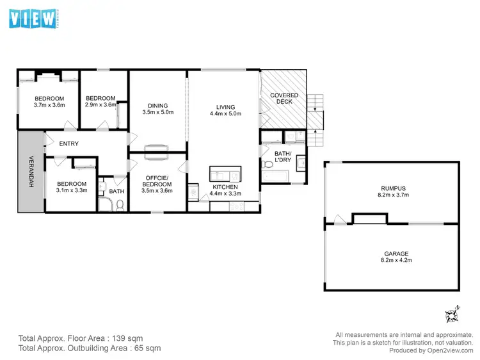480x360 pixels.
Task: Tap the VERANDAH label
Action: pyautogui.click(x=30, y=172)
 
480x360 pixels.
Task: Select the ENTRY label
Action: pyautogui.click(x=68, y=143)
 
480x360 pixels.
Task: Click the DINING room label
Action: pyautogui.click(x=157, y=106)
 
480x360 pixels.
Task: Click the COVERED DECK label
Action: pyautogui.click(x=284, y=99)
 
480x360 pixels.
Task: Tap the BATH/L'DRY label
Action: pyautogui.click(x=283, y=157)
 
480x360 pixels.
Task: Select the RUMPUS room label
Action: pyautogui.click(x=392, y=188)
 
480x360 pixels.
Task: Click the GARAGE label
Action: pyautogui.click(x=392, y=254)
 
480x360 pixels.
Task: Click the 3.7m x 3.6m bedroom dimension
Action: pyautogui.click(x=49, y=104)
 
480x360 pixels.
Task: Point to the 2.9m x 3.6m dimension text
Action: pyautogui.click(x=101, y=104)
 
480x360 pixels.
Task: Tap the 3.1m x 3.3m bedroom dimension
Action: pyautogui.click(x=72, y=190)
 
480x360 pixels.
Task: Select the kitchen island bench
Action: pyautogui.click(x=225, y=174)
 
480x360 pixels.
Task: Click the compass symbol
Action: pyautogui.click(x=453, y=314)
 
